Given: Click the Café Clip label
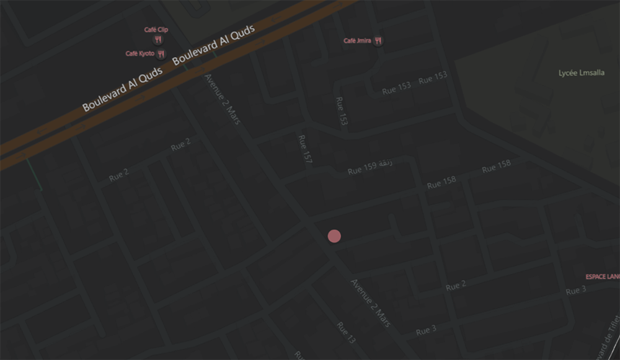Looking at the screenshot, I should click(156, 30).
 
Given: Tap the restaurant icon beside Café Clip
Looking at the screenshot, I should click(159, 40).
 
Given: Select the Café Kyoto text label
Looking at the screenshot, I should click(139, 54).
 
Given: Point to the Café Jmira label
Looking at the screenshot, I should click(357, 41).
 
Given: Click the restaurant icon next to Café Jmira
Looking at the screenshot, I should click(378, 41).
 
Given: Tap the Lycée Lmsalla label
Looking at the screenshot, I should click(581, 73).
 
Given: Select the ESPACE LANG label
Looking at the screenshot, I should click(602, 276).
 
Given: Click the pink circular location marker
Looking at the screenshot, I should click(334, 236).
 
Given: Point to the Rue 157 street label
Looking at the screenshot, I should click(305, 149).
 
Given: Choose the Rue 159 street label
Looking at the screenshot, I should click(362, 168).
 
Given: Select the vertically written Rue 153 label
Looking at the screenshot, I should click(341, 111).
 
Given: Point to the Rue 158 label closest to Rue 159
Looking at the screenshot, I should click(441, 183).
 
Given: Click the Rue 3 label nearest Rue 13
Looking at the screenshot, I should click(426, 330).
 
